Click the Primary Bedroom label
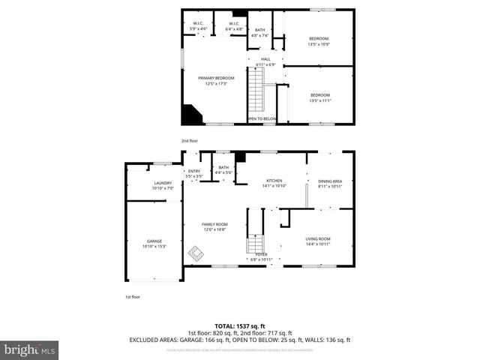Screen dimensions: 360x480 point(216,80)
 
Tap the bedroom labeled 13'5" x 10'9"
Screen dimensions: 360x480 point(319,41)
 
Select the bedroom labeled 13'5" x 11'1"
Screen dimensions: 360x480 point(320,97)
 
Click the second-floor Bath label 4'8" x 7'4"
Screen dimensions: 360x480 point(260,32)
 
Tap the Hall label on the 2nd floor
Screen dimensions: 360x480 point(265,62)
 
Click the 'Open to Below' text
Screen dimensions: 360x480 point(262,118)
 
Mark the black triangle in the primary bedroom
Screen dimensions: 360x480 point(190,115)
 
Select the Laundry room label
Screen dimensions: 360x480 point(163,185)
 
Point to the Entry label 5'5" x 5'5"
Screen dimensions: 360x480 point(194,173)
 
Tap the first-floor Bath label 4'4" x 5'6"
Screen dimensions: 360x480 point(223,170)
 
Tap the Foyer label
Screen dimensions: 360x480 point(261,256)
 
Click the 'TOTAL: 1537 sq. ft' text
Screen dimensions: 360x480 point(239,326)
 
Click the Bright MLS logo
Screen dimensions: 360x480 point(30,349)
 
